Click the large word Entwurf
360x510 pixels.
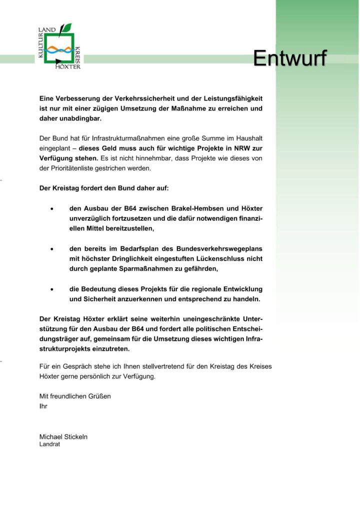289,59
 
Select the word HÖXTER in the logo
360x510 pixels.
68,67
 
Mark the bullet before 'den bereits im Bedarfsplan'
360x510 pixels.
52,249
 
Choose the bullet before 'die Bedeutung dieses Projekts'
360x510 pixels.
52,289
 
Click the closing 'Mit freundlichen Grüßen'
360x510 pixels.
75,396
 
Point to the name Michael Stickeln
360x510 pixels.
63,437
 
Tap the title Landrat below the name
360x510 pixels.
49,444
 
